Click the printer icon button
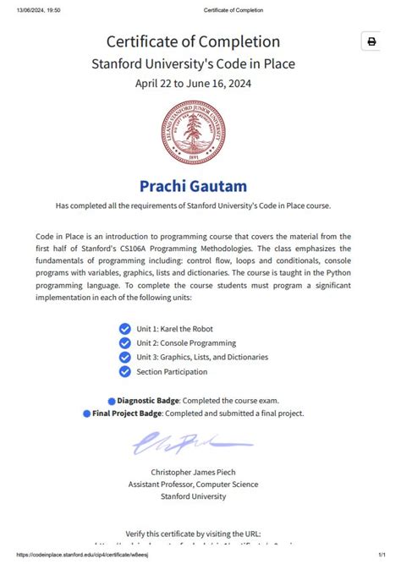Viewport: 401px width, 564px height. pos(371,42)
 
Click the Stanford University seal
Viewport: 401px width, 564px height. pos(194,132)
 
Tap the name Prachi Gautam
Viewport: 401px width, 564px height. pos(193,185)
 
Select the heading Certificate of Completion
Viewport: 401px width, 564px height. pos(193,41)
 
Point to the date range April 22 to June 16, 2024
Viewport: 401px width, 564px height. pos(193,83)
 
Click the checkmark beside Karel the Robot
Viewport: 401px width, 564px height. pos(125,328)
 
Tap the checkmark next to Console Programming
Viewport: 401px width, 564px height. pos(125,342)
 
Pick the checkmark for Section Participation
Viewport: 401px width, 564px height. pos(125,371)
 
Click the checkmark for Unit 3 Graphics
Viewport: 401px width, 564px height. pos(125,357)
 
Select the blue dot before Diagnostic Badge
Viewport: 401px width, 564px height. pos(112,399)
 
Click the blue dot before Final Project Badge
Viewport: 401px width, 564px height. pos(86,413)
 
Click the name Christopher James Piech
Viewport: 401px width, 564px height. pos(193,472)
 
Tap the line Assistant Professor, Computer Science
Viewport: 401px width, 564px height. pos(193,485)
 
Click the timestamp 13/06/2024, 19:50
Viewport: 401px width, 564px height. pos(30,9)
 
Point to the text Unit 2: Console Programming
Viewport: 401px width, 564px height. pos(187,342)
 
